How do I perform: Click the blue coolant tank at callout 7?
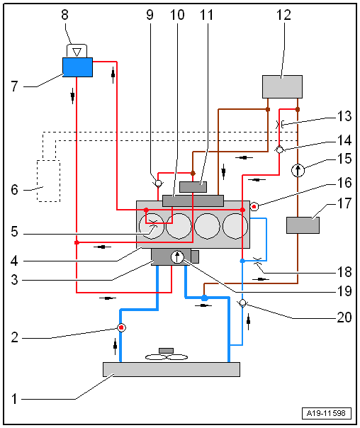[77, 67]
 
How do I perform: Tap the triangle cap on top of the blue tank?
[77, 51]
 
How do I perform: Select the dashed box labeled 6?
[49, 181]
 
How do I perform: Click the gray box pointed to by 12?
[282, 86]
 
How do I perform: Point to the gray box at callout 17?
[303, 225]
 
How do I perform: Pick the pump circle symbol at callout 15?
[298, 170]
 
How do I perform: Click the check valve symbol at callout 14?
[279, 150]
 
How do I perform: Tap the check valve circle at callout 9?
[158, 183]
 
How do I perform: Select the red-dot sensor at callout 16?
[254, 207]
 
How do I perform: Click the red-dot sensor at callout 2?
[121, 327]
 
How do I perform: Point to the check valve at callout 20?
[242, 303]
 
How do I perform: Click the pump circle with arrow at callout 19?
[177, 257]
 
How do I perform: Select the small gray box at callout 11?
[193, 187]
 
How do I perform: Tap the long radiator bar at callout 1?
[171, 370]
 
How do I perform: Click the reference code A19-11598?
[326, 413]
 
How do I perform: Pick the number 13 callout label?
[344, 116]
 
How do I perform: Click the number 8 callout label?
[64, 15]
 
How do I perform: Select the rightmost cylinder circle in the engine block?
[235, 226]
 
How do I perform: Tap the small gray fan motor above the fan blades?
[167, 351]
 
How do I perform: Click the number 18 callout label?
[344, 272]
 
